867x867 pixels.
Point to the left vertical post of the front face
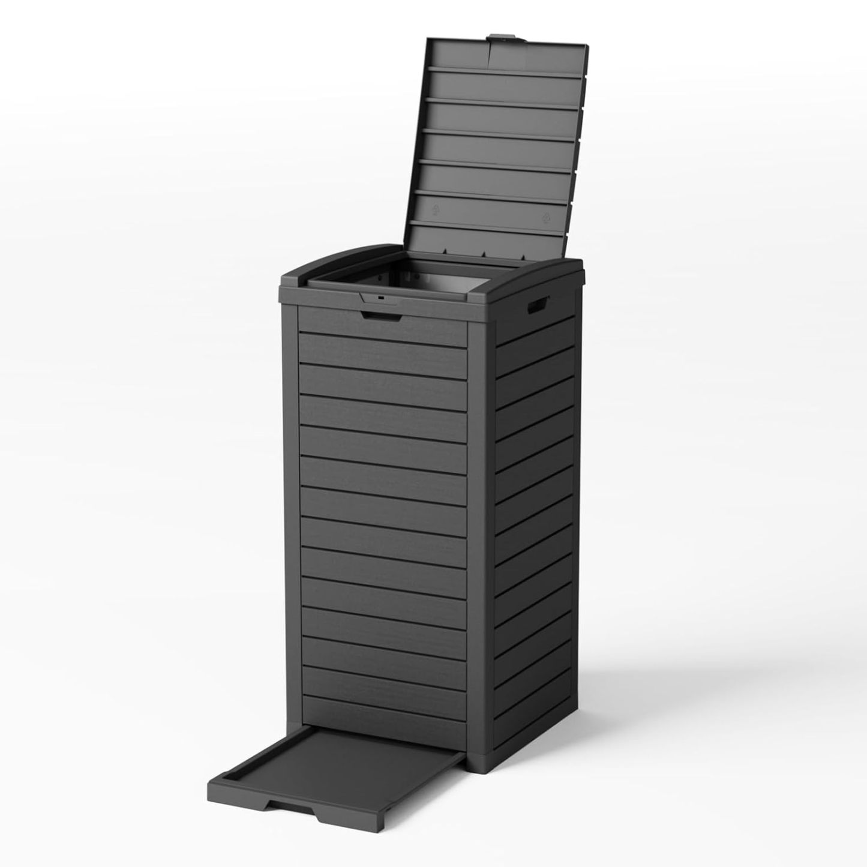pos(292,510)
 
